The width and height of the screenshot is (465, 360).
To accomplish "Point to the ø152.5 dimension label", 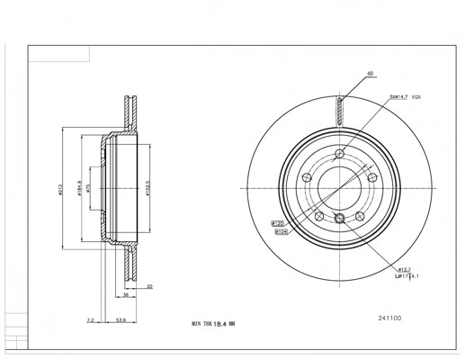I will [147, 189].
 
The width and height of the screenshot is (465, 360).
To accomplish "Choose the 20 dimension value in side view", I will [150, 286].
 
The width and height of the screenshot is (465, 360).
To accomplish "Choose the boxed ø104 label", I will [282, 231].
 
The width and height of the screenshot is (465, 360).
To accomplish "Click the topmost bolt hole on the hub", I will [339, 152].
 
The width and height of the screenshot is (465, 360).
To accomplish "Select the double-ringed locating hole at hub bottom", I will [339, 220].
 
